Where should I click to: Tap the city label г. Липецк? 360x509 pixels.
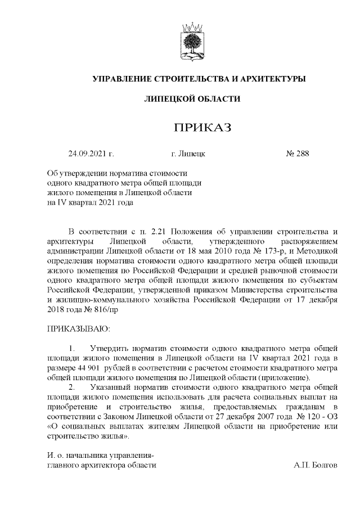pyautogui.click(x=187, y=152)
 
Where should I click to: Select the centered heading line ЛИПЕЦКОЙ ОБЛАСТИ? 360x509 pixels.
pyautogui.click(x=192, y=99)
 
